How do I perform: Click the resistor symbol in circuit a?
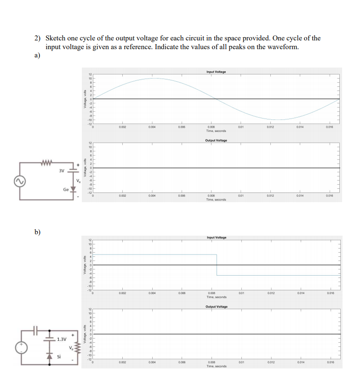[46, 162]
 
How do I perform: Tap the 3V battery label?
[62, 171]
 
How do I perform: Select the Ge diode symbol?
[73, 189]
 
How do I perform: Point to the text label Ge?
[66, 189]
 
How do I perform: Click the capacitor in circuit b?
[37, 329]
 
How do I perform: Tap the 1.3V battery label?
[62, 340]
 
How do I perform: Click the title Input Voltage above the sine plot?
[216, 72]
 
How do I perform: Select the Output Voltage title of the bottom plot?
[216, 306]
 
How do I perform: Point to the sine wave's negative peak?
[278, 119]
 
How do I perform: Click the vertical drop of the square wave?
[217, 265]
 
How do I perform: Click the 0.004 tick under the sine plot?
[152, 127]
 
